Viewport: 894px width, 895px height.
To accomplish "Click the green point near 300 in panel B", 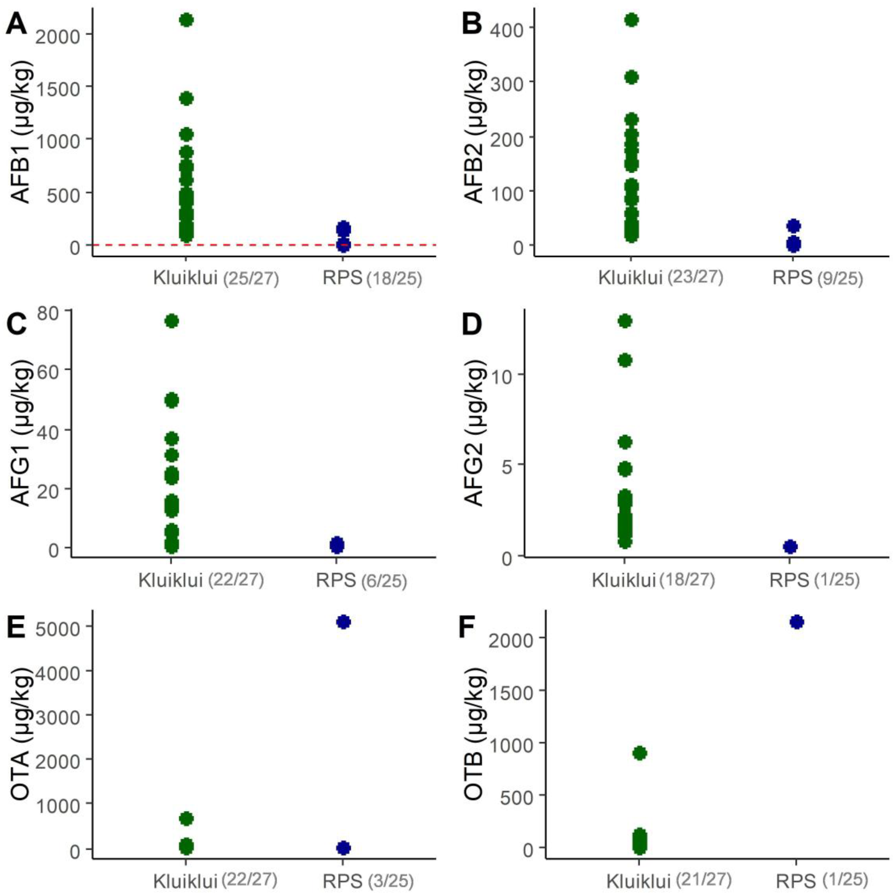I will click(x=631, y=77).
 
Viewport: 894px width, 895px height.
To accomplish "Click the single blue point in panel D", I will click(x=790, y=547).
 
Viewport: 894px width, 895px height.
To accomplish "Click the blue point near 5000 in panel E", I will click(x=343, y=622).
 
